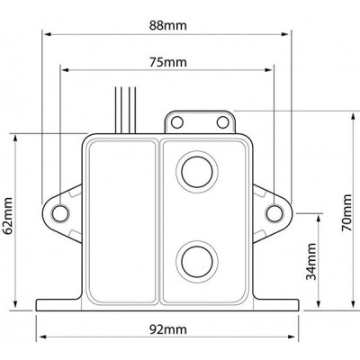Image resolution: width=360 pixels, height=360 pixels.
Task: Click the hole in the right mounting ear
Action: (274, 212)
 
